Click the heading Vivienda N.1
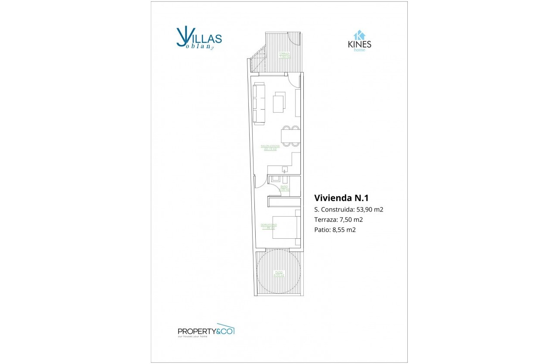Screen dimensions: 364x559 click(341, 198)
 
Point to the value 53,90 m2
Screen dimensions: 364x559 click(370, 210)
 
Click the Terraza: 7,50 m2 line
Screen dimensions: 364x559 click(338, 220)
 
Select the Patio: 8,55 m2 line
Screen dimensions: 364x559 click(335, 230)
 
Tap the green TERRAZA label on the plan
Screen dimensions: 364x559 click(285, 55)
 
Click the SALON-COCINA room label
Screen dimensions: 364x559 click(270, 147)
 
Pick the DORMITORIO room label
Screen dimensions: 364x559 click(269, 226)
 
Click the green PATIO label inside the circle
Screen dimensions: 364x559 click(278, 274)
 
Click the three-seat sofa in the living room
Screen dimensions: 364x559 click(259, 104)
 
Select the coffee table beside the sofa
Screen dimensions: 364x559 click(279, 102)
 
